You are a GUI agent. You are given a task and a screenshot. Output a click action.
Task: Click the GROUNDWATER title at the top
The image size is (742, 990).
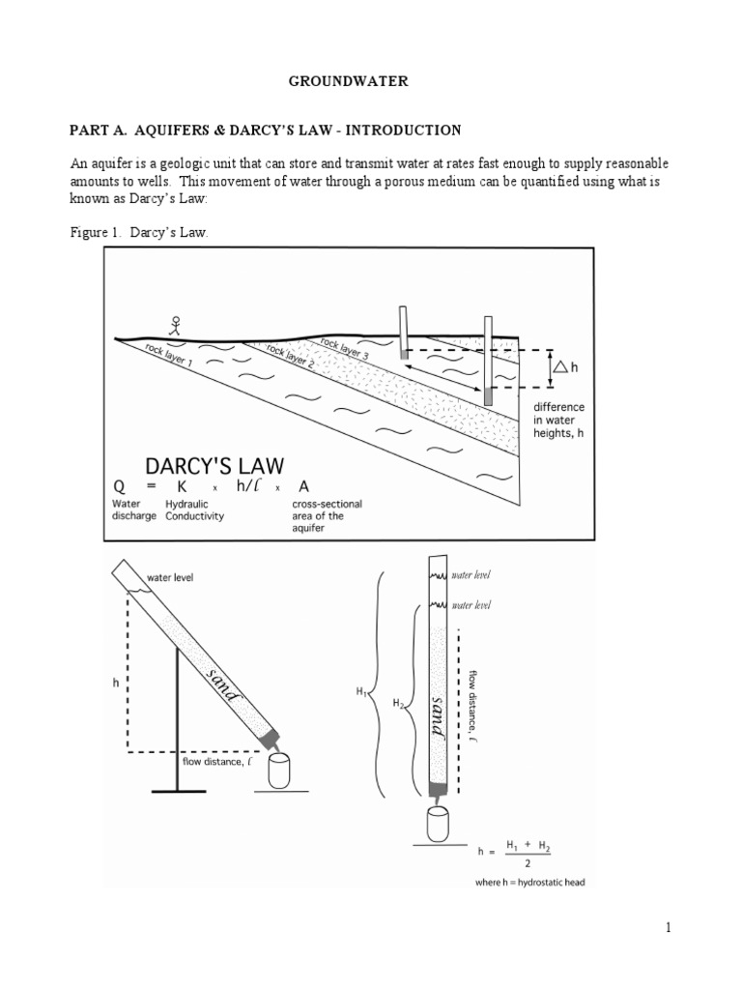pyautogui.click(x=348, y=82)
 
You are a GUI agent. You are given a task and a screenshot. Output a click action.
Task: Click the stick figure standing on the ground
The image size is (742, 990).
pyautogui.click(x=176, y=326)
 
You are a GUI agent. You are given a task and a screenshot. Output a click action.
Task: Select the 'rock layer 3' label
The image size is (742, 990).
pyautogui.click(x=343, y=347)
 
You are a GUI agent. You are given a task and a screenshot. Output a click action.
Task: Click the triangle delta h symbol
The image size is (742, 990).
pyautogui.click(x=561, y=367)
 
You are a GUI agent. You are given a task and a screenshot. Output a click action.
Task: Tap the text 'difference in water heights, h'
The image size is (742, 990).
pyautogui.click(x=559, y=421)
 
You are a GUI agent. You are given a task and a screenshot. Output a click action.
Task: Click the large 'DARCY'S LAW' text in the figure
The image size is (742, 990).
pyautogui.click(x=214, y=465)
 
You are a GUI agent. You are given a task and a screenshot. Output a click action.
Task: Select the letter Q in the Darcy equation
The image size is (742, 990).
pyautogui.click(x=119, y=487)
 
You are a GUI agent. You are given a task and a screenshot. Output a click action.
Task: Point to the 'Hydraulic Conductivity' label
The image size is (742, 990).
pyautogui.click(x=194, y=510)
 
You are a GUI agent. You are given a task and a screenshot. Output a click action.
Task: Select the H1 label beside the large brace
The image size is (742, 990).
pyautogui.click(x=361, y=692)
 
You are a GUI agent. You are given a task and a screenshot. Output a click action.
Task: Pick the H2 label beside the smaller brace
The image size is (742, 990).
pyautogui.click(x=399, y=704)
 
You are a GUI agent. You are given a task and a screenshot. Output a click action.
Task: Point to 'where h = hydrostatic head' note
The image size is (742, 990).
pyautogui.click(x=530, y=882)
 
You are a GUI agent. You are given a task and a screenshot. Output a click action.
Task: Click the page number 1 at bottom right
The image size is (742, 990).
pyautogui.click(x=667, y=928)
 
